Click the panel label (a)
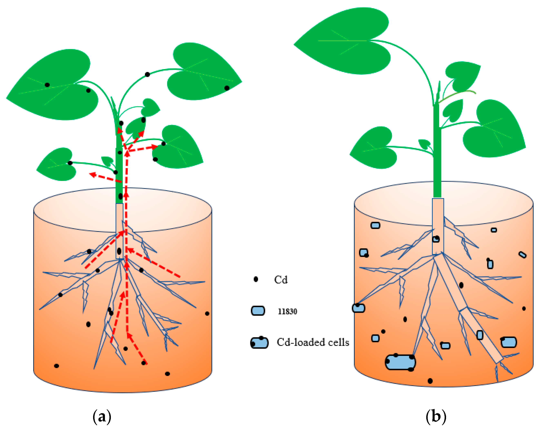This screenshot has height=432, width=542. (102, 417)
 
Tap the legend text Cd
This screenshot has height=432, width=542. (280, 280)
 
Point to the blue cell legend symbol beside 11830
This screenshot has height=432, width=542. (258, 311)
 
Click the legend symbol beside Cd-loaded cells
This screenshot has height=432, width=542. (259, 343)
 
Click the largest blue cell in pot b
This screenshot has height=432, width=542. (400, 362)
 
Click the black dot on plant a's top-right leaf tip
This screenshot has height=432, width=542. (227, 88)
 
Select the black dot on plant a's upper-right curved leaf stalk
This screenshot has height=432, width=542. (147, 74)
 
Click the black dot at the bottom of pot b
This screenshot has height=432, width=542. (430, 381)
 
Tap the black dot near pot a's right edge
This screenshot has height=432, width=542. (207, 313)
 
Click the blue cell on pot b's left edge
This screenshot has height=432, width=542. (358, 308)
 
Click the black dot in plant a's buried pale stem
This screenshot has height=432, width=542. (119, 251)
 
